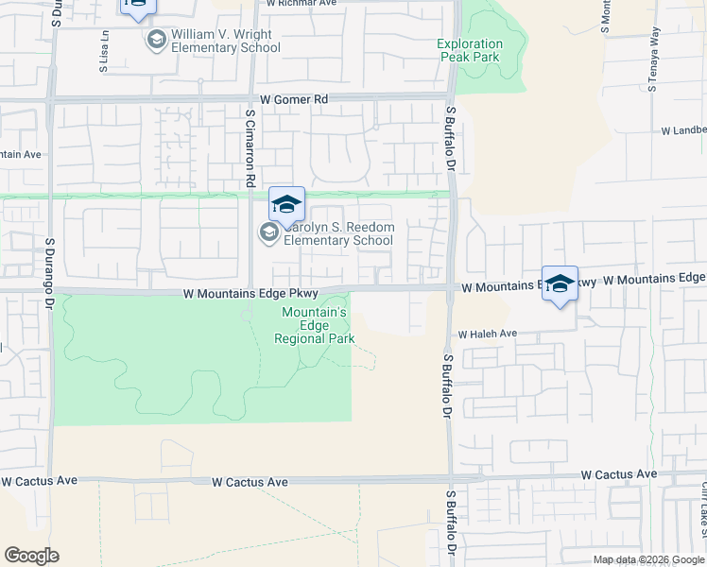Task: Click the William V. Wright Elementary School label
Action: point(220,41)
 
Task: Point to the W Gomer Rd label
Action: point(294,98)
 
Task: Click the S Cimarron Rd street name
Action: point(250,147)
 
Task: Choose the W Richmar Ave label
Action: point(302,4)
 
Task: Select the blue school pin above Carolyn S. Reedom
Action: point(287,204)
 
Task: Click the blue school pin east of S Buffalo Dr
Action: point(560,283)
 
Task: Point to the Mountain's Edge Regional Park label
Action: point(315,325)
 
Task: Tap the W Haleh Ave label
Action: point(488,334)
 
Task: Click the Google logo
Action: point(31,556)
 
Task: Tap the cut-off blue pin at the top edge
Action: point(137,8)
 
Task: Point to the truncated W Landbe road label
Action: point(682,130)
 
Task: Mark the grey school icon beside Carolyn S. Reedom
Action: point(269,232)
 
